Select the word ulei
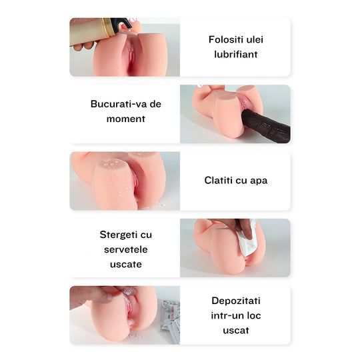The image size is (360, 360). click(255, 39)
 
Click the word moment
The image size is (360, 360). click(125, 119)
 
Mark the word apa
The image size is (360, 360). click(259, 180)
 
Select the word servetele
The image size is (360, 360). click(125, 249)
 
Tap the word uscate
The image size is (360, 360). click(125, 264)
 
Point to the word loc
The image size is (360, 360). click(256, 315)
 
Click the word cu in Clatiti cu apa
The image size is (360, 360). click(242, 180)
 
